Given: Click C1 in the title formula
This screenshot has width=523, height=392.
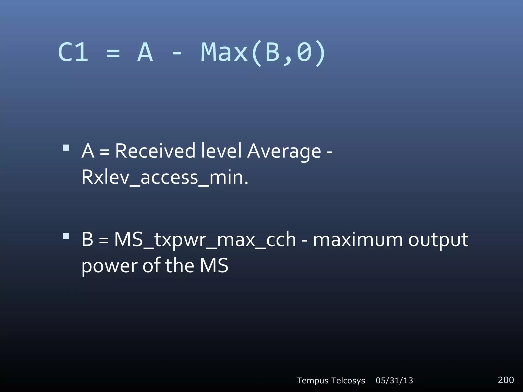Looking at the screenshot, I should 73,52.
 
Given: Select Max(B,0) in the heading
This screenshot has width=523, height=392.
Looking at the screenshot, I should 263,53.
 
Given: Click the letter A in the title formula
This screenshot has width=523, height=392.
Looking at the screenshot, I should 145,52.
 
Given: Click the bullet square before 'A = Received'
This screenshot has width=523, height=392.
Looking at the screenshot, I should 66,148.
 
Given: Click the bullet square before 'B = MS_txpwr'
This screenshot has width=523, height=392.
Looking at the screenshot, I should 66,236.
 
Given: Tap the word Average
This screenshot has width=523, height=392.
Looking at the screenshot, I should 284,151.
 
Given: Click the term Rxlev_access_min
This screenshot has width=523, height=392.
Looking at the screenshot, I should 164,177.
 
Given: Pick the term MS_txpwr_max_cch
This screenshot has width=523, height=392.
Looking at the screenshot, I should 205,240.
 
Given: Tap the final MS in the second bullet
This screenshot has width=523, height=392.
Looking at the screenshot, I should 214,266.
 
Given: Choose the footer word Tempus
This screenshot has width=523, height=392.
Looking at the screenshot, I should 313,381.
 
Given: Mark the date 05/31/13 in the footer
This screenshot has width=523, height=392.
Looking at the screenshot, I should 394,381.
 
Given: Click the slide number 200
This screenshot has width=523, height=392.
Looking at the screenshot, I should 506,380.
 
